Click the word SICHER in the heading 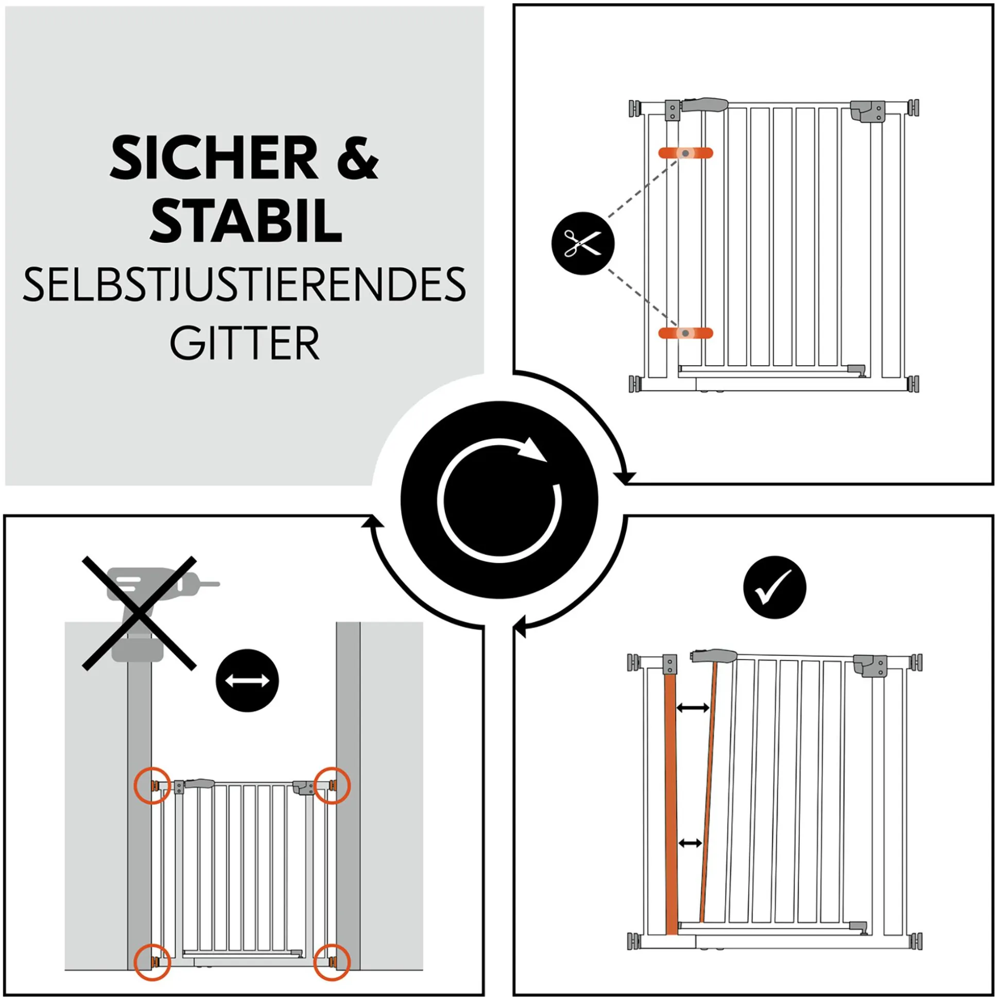[214, 158]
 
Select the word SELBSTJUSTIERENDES [245, 285]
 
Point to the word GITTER [245, 343]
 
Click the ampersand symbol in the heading [358, 158]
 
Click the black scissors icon [583, 243]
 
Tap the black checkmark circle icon [774, 587]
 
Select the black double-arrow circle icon [247, 681]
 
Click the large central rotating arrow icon [499, 500]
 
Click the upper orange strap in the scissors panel [685, 153]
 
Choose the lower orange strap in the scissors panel [685, 333]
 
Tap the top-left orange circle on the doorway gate [152, 785]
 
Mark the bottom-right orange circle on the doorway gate [332, 962]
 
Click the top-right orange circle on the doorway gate [332, 785]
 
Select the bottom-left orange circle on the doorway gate [152, 962]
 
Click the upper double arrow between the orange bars [693, 707]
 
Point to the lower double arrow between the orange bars [690, 843]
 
